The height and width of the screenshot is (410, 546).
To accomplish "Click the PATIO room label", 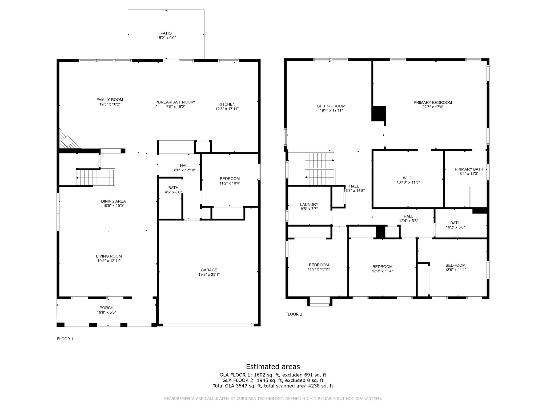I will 166,33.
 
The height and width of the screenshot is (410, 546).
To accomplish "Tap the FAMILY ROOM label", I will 110,100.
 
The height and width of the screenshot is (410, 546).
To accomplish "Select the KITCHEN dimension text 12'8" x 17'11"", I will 227,109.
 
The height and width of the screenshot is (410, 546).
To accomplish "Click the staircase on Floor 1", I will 95,178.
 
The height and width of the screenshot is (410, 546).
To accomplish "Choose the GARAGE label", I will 209,270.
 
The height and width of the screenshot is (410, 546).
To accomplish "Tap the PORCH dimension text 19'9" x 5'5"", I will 106,312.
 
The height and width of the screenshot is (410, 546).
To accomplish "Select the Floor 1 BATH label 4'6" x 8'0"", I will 173,188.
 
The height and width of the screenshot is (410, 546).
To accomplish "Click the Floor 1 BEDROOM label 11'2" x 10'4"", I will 230,179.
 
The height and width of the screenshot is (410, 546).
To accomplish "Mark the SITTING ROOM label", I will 331,106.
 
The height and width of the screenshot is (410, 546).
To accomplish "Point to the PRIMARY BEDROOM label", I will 433,102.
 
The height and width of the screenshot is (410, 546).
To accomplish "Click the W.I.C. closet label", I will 408,178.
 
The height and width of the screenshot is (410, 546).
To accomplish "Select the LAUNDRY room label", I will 309,204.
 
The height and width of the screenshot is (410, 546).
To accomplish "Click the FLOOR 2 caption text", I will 294,314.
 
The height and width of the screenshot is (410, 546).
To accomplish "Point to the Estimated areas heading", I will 273,366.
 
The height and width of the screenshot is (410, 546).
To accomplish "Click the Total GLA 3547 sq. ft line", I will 273,386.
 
